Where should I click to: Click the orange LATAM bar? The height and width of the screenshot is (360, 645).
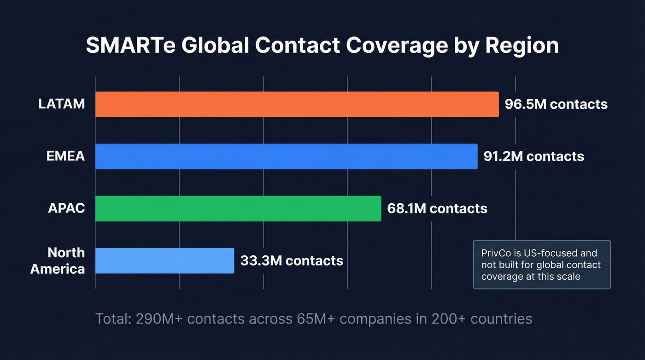[x=297, y=104]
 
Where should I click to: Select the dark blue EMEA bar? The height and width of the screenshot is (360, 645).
[x=286, y=156]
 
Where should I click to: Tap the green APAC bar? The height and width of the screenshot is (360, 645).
[x=238, y=208]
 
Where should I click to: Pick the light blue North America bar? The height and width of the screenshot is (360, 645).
[x=164, y=260]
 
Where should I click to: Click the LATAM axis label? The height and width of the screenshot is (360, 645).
[x=62, y=104]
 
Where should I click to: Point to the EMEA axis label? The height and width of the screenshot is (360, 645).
[x=65, y=156]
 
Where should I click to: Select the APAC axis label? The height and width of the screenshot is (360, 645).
[x=66, y=208]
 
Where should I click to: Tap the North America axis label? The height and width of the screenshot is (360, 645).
[x=58, y=261]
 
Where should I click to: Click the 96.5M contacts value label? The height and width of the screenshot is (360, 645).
[x=556, y=104]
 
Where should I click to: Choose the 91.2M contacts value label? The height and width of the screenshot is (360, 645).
[x=534, y=156]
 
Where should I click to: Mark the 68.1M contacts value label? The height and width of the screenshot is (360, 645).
[x=437, y=208]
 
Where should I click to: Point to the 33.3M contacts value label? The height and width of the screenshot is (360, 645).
[x=292, y=260]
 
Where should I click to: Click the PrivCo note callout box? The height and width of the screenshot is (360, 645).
[x=542, y=265]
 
